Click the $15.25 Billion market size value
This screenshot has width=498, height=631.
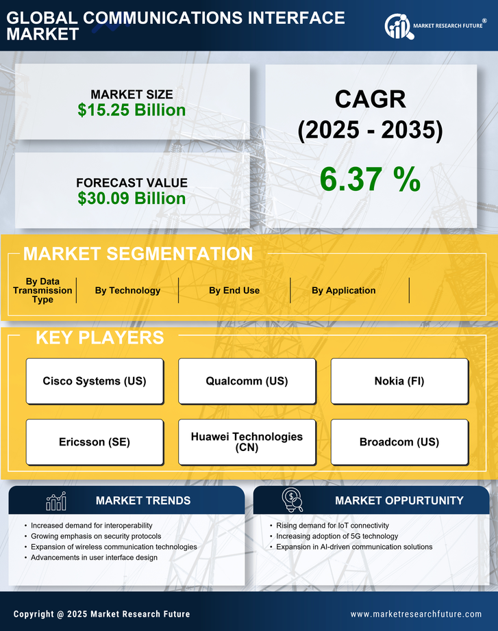[x=132, y=110]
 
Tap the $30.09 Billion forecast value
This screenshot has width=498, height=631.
[x=132, y=198]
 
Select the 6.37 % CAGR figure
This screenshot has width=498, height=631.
[x=370, y=179]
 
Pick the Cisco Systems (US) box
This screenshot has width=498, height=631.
[x=95, y=381]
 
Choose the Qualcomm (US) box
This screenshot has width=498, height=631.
[x=247, y=381]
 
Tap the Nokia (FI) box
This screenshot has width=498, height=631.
[x=399, y=381]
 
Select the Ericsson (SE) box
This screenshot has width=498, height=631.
[x=95, y=442]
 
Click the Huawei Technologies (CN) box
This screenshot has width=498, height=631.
[x=247, y=442]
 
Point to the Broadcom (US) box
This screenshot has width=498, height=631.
[x=399, y=442]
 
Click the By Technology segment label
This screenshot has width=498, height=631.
[x=127, y=290]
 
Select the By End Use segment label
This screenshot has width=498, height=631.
[x=234, y=290]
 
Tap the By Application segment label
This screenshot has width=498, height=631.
[x=343, y=290]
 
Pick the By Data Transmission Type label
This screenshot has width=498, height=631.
[x=42, y=290]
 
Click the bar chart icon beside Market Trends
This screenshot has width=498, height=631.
[x=55, y=501]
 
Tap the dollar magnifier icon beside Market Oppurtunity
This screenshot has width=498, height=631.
[x=292, y=500]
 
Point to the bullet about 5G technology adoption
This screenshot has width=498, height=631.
[x=337, y=536]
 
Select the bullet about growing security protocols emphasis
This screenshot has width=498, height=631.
[x=96, y=536]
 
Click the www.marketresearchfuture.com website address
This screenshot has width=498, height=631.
[x=416, y=614]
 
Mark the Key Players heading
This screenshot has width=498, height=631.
[x=99, y=337]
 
